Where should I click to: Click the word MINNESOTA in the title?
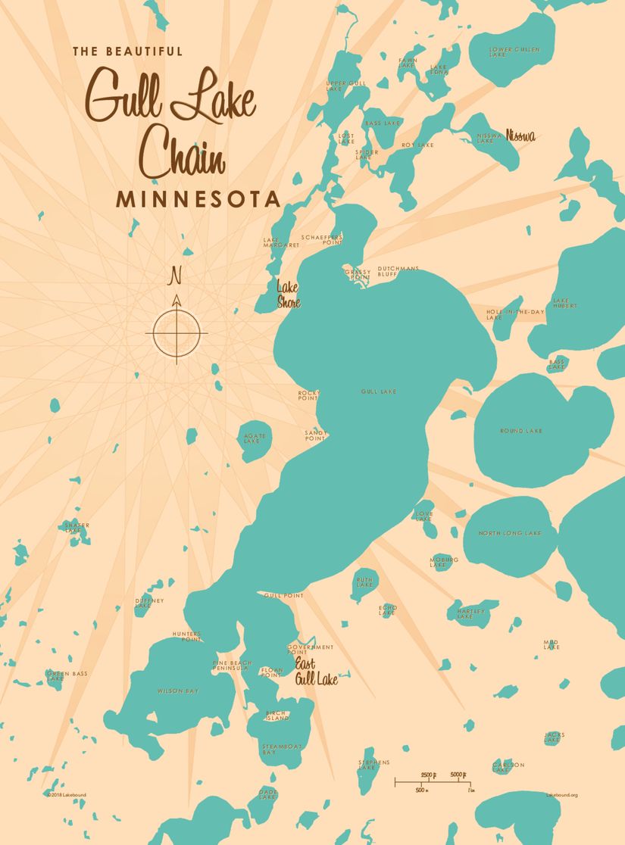click(x=198, y=199)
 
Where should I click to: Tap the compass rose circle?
click(x=177, y=332)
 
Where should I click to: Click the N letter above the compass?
click(x=176, y=274)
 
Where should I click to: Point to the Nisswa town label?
click(x=520, y=136)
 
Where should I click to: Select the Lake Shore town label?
click(x=288, y=295)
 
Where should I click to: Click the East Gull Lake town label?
click(x=316, y=672)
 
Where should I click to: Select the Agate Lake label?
click(x=252, y=438)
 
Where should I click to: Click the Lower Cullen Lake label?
click(x=514, y=51)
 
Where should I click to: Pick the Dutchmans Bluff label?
click(x=398, y=271)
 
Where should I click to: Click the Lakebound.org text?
click(x=561, y=795)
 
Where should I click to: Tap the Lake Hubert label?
click(x=565, y=303)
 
